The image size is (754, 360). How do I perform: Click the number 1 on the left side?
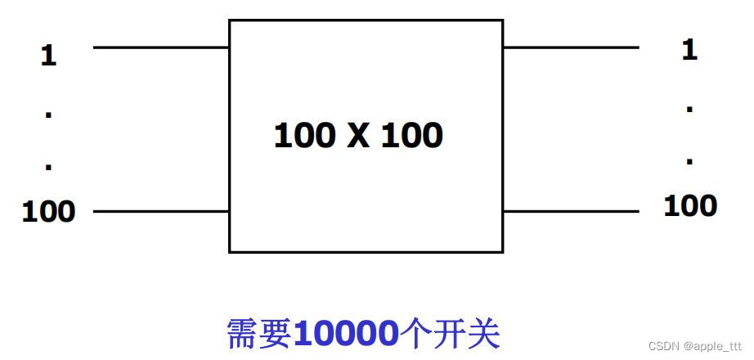click(48, 56)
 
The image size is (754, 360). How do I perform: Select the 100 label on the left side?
click(48, 212)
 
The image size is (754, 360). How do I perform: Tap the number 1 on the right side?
click(689, 50)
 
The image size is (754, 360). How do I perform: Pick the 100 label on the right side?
click(689, 205)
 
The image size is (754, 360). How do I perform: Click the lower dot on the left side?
click(48, 166)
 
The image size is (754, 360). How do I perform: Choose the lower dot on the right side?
click(689, 160)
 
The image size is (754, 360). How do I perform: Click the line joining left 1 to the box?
click(161, 47)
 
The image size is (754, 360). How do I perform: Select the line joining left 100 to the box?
click(161, 211)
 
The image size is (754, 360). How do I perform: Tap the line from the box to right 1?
click(570, 47)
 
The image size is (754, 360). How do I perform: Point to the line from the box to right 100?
click(570, 211)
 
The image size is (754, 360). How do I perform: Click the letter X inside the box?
click(358, 136)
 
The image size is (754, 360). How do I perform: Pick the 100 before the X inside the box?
click(303, 136)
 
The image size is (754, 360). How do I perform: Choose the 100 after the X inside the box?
click(411, 136)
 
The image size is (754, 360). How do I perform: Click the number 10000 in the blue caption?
click(345, 334)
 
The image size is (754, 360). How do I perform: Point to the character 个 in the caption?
click(418, 334)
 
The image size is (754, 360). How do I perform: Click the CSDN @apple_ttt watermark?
click(695, 346)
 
